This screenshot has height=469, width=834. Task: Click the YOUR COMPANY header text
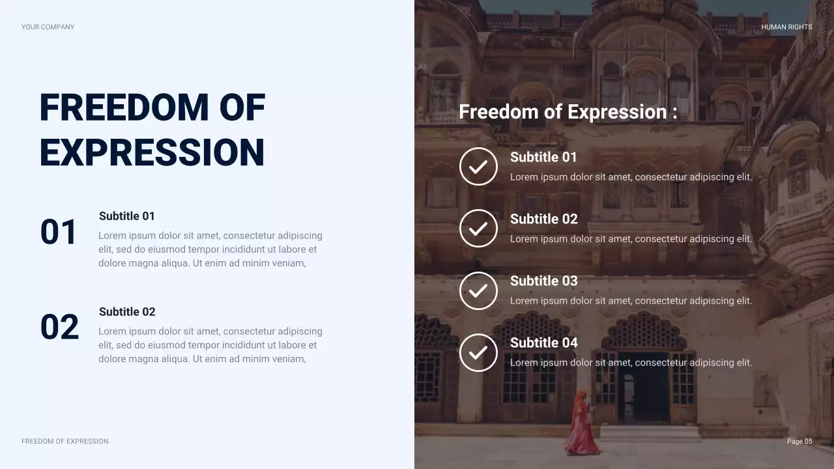pos(48,27)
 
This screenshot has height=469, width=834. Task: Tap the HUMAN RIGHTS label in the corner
pos(786,27)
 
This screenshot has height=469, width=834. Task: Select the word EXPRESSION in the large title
pos(152,153)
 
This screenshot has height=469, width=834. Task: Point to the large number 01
pos(59,233)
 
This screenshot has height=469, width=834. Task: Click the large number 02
pos(59,328)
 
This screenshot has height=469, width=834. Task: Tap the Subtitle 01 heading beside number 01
pos(127,216)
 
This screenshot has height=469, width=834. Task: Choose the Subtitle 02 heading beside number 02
pos(127,312)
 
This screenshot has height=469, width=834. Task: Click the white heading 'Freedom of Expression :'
pos(568,112)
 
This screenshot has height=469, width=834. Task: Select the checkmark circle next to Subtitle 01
pos(478,167)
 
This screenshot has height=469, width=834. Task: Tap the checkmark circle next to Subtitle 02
pos(478,229)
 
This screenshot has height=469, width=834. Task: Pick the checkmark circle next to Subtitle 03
pos(478,291)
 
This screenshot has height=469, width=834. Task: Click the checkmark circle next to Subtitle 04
pos(478,352)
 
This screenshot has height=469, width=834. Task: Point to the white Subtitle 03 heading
pos(543,281)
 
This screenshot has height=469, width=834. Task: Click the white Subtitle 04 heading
pos(543,343)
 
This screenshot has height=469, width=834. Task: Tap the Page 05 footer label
pos(799,442)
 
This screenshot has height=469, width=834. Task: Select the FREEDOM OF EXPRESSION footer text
pos(65,442)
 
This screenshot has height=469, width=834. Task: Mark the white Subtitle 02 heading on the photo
pos(543,219)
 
